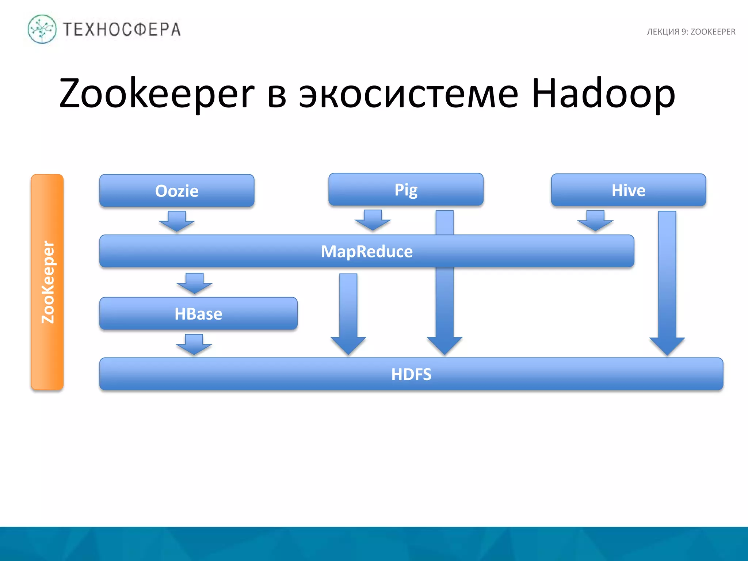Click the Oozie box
(x=177, y=191)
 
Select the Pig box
(x=406, y=190)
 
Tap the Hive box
(x=628, y=190)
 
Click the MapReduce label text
(x=367, y=252)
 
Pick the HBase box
(x=198, y=314)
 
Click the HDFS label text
(x=411, y=374)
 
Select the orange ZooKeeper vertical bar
(x=47, y=282)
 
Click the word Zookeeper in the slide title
(x=157, y=93)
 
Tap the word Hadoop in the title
(x=603, y=93)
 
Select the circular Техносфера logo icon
(x=42, y=29)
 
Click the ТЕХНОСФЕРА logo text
(x=122, y=30)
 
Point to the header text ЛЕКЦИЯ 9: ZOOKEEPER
(x=691, y=32)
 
